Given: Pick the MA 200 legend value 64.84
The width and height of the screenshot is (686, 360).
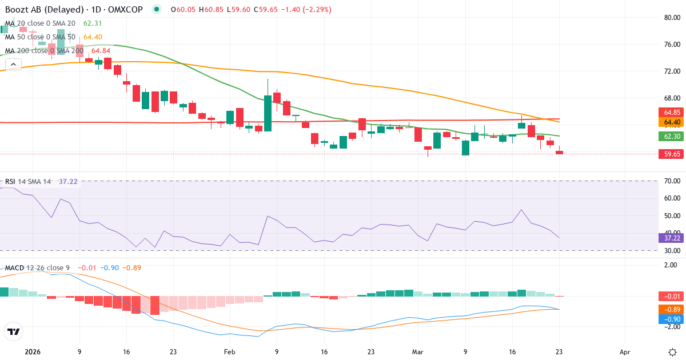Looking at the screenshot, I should click(x=101, y=51).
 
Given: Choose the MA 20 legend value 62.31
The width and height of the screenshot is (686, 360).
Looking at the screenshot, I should click(x=93, y=23).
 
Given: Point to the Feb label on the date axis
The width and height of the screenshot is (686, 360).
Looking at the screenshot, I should click(x=229, y=351).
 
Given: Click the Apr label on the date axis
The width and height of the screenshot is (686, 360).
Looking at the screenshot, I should click(x=625, y=351).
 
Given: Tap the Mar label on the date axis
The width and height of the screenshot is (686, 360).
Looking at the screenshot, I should click(x=418, y=351).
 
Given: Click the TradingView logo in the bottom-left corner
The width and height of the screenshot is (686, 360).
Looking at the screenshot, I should click(x=13, y=331).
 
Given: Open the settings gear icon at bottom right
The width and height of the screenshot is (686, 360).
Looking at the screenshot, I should click(x=672, y=351).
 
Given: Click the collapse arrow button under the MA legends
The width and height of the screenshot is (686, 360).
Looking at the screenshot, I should click(x=13, y=64).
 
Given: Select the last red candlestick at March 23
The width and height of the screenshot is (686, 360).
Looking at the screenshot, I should click(x=559, y=152).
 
